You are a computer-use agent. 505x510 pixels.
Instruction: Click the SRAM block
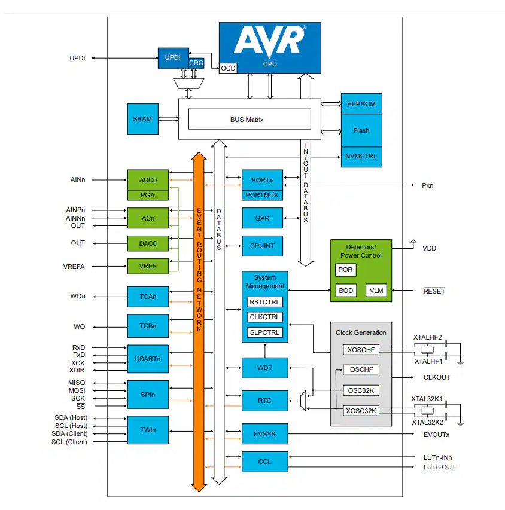pos(142,119)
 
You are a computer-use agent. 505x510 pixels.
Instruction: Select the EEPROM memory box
pos(361,104)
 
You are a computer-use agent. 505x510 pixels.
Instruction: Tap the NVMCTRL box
pos(361,156)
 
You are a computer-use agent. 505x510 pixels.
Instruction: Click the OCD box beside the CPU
pos(228,68)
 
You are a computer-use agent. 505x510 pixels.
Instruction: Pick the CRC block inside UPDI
pos(196,63)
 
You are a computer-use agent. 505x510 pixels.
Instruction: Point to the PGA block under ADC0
pos(147,194)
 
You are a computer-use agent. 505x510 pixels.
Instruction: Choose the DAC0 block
pos(147,243)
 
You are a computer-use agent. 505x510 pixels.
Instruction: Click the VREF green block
pos(147,266)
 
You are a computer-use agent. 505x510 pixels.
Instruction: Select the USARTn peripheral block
pos(147,359)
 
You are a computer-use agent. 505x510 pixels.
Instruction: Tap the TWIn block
pos(147,429)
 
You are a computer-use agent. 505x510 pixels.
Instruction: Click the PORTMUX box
pos(262,194)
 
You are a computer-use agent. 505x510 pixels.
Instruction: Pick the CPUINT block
pos(262,246)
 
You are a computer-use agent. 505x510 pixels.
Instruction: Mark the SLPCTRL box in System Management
pos(264,332)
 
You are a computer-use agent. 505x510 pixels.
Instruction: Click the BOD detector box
pos(346,291)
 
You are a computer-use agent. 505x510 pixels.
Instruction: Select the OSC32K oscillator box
pos(361,390)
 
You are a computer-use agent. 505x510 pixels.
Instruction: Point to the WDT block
pos(265,368)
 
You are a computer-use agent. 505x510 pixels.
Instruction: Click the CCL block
pos(265,462)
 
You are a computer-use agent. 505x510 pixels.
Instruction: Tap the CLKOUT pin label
pos(436,378)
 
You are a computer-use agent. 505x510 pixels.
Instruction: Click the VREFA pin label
pos(74,267)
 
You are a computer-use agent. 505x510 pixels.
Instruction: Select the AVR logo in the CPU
pos(270,41)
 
